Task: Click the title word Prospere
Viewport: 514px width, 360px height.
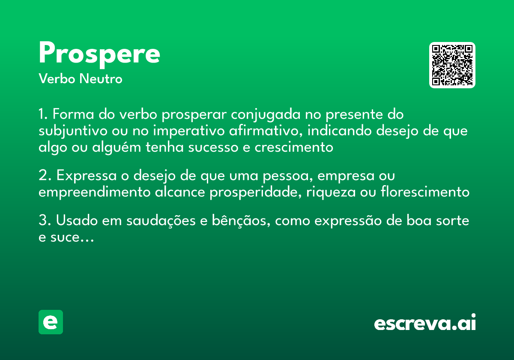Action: pyautogui.click(x=99, y=54)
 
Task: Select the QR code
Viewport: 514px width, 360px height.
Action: pyautogui.click(x=452, y=65)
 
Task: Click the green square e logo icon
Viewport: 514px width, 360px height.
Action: pyautogui.click(x=51, y=322)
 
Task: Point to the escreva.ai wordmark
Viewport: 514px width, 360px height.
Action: pyautogui.click(x=425, y=323)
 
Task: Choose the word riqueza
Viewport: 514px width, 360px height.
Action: pyautogui.click(x=330, y=192)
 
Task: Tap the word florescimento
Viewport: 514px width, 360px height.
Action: pyautogui.click(x=425, y=192)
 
